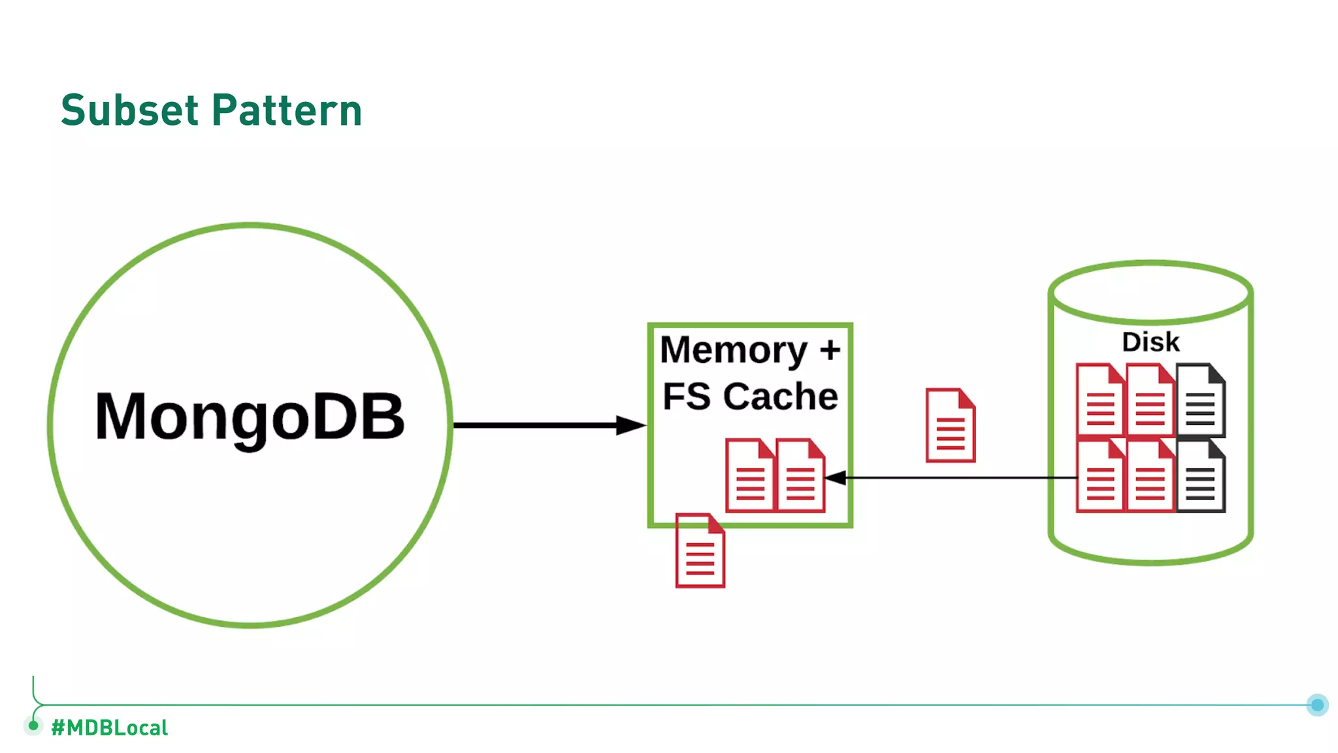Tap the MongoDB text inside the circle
click(x=250, y=416)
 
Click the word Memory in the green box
click(x=734, y=350)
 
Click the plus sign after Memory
click(x=830, y=350)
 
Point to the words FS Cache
click(x=750, y=396)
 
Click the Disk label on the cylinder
click(x=1150, y=342)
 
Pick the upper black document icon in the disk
click(x=1201, y=400)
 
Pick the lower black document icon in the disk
click(x=1201, y=476)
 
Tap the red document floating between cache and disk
click(x=951, y=426)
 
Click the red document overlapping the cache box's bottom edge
click(x=700, y=550)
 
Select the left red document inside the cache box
click(x=750, y=475)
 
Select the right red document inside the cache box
click(x=800, y=475)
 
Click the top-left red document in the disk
click(x=1100, y=400)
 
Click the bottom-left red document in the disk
click(x=1100, y=476)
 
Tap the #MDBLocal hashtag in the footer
click(x=110, y=728)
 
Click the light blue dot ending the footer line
click(x=1317, y=705)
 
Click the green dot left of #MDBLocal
click(x=33, y=725)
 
